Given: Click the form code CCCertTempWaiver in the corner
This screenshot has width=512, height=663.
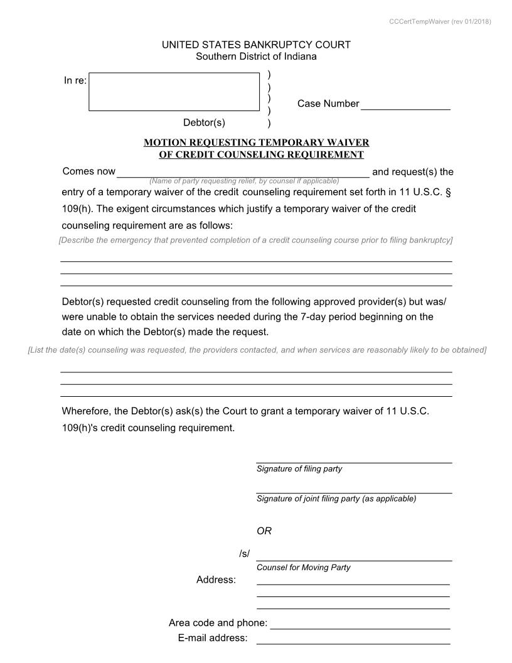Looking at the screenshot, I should pos(440,21).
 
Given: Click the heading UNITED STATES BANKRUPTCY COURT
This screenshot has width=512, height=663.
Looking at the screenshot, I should pos(256,45).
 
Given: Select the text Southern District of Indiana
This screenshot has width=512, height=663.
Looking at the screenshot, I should pos(256,57).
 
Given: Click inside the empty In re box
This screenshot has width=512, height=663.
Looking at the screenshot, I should pos(174,92).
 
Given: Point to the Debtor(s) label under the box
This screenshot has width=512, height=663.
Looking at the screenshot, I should pos(204,122).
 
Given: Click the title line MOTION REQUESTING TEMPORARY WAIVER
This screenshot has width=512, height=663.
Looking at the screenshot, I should pos(256,143).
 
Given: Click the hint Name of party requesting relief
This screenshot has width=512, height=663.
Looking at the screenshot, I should pos(244,181).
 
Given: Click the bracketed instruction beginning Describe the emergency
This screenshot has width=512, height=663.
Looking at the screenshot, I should pos(255,240).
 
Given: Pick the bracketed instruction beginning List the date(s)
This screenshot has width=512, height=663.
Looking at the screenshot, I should pos(257,350).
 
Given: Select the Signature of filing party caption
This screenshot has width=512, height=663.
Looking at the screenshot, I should pos(299,469).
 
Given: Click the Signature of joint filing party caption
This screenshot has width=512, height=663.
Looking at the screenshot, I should pos(336,499).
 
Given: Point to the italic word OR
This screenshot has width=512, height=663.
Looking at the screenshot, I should pos(264,531).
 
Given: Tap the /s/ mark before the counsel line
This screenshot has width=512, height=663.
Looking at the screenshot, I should pos(244,554).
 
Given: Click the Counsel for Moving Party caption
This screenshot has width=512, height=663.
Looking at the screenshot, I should pos(303,568).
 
